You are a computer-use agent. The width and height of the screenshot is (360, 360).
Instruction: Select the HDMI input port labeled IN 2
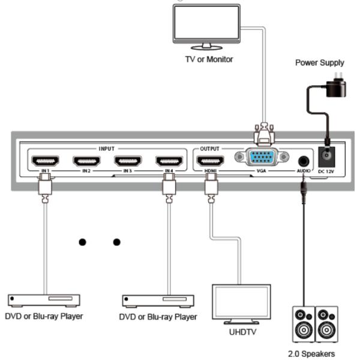86,161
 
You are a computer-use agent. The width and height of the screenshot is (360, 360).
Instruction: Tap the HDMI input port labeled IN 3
127,161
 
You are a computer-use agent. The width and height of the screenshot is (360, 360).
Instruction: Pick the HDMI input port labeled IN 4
169,161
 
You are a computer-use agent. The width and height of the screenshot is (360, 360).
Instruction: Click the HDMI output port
210,161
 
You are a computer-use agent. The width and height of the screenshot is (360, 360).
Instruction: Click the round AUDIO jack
304,161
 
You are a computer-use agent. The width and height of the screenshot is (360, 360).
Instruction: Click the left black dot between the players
82,242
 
